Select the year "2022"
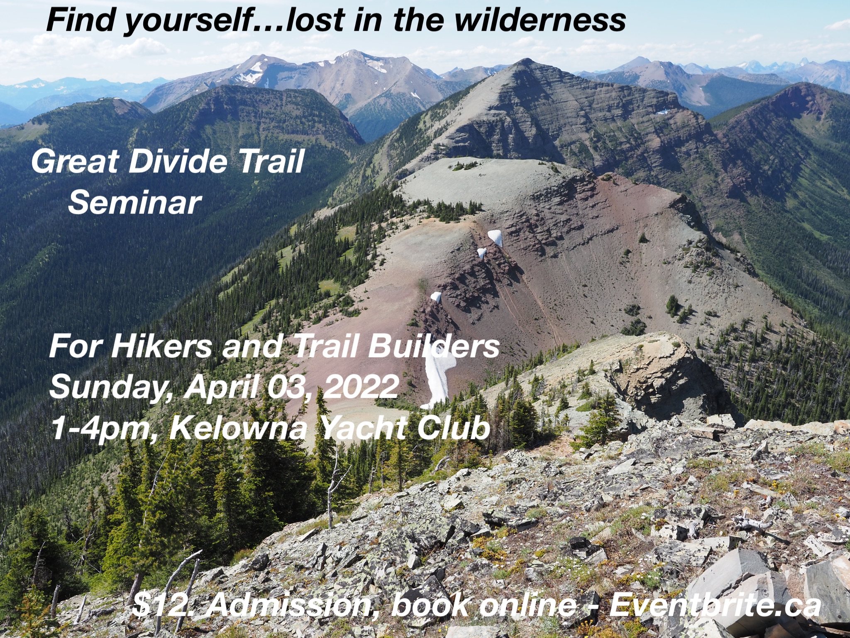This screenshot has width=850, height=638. point(361,386)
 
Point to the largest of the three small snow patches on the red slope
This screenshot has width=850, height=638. point(496,238)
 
